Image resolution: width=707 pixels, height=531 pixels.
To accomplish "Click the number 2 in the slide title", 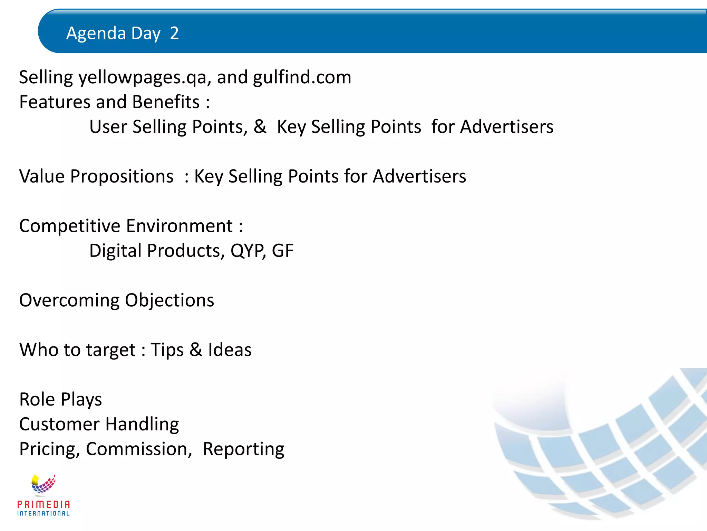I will click(174, 33).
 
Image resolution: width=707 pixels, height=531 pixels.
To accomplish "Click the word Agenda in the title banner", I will click(96, 33).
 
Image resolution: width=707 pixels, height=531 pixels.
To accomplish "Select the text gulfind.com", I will click(302, 77).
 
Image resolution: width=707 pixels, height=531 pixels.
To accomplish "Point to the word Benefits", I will click(166, 102).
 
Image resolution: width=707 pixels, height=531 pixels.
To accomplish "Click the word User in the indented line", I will click(108, 127).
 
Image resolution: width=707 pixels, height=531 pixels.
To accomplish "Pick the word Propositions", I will click(122, 176).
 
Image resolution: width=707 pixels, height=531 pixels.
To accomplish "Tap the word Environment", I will click(180, 226).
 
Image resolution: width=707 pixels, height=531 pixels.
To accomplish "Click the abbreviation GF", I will click(282, 251).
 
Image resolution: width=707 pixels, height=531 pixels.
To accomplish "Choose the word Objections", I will click(170, 300).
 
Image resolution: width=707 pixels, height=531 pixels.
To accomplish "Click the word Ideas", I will click(230, 350).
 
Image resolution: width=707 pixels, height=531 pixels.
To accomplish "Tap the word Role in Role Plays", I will click(37, 399).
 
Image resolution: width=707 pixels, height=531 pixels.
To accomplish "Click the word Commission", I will click(139, 449).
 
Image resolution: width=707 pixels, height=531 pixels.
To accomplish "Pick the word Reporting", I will click(243, 449).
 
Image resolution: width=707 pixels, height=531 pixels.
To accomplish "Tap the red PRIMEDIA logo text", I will click(43, 504).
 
